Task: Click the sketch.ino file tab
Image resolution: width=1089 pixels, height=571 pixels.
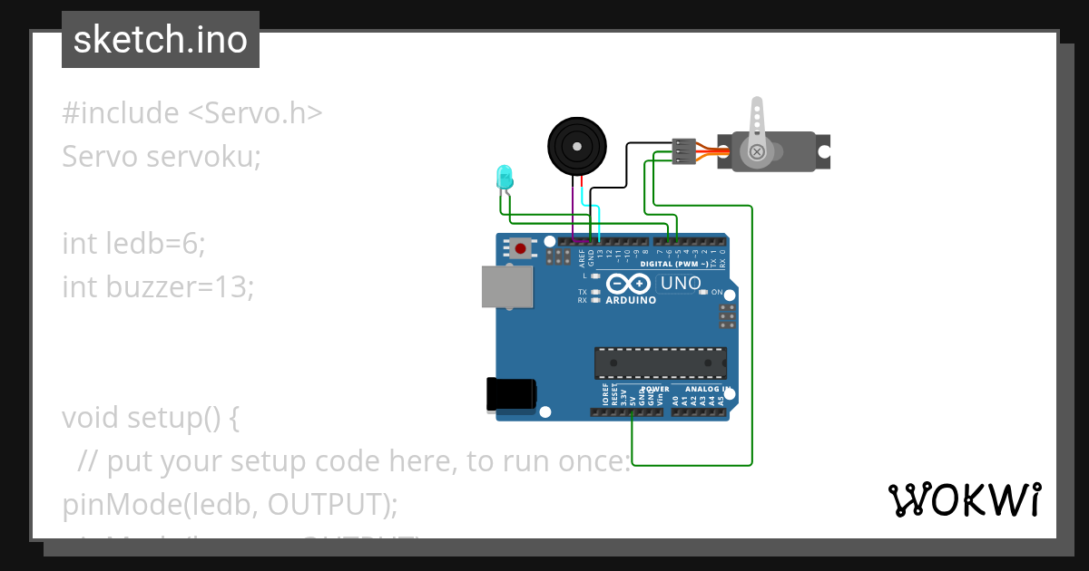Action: (161, 40)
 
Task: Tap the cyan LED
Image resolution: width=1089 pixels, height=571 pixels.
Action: (505, 178)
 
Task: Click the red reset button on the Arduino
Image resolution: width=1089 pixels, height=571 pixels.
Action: (520, 247)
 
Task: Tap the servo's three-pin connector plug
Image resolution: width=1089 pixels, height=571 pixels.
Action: (683, 150)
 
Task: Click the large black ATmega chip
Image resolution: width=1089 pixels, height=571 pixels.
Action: (660, 363)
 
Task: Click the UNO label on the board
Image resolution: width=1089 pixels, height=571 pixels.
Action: (681, 284)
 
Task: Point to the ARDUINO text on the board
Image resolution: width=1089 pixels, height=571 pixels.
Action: (631, 300)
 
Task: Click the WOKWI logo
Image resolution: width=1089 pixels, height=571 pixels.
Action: (964, 500)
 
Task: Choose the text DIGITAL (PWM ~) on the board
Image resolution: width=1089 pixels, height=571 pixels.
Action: (674, 264)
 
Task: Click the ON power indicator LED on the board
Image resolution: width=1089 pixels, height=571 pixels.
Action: (703, 292)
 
